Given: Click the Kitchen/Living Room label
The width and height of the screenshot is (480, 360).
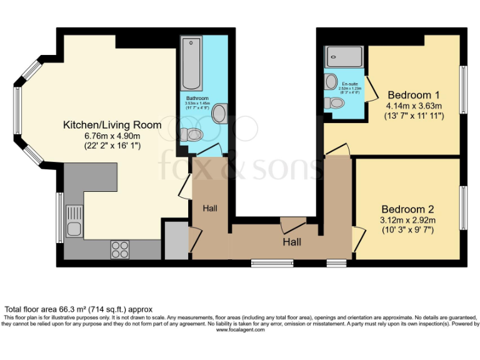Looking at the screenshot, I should pyautogui.click(x=112, y=125).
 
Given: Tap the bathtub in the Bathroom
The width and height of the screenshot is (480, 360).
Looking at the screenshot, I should pyautogui.click(x=191, y=64).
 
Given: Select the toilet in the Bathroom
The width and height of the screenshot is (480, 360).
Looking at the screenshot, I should pyautogui.click(x=193, y=134).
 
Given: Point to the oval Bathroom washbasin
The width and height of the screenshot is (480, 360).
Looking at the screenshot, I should pyautogui.click(x=220, y=113).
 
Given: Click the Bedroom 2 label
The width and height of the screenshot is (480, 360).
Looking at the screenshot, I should pyautogui.click(x=408, y=209).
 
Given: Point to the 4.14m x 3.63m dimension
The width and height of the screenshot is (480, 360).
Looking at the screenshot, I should pyautogui.click(x=414, y=106).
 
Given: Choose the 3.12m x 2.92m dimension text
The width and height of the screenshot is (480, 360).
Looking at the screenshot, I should pyautogui.click(x=408, y=220).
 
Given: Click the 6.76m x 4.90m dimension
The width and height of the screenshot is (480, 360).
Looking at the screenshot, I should pyautogui.click(x=112, y=136).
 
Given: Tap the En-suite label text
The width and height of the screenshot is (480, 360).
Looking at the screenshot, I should pyautogui.click(x=350, y=83).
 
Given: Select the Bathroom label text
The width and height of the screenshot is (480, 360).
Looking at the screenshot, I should pyautogui.click(x=197, y=99).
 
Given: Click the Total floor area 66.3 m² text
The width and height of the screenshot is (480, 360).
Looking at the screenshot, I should pyautogui.click(x=78, y=309).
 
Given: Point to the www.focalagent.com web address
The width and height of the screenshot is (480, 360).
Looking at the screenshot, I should pyautogui.click(x=240, y=330).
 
